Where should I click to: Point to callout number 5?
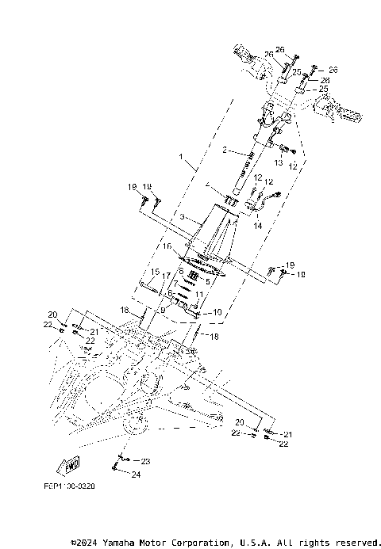207,280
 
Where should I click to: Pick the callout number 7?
175,283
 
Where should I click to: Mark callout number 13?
279,162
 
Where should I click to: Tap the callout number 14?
257,226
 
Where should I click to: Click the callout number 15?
154,273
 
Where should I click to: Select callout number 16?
167,246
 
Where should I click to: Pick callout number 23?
145,460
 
